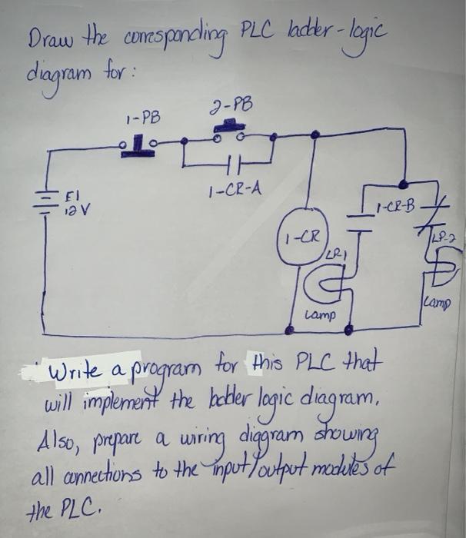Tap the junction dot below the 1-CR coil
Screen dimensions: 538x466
[x=291, y=330]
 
